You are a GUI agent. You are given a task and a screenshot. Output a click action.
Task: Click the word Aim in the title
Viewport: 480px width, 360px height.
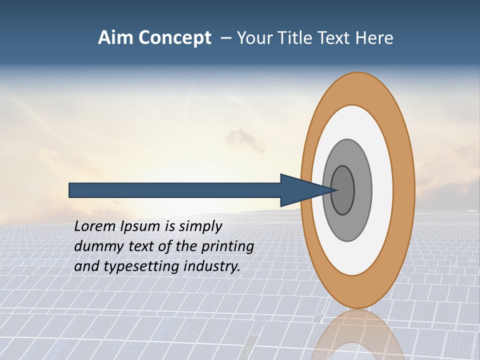pyautogui.click(x=114, y=38)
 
